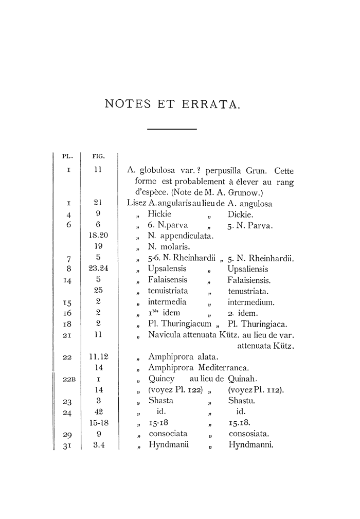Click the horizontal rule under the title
[172, 129]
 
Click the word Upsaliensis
[248, 269]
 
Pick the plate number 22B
[69, 380]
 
